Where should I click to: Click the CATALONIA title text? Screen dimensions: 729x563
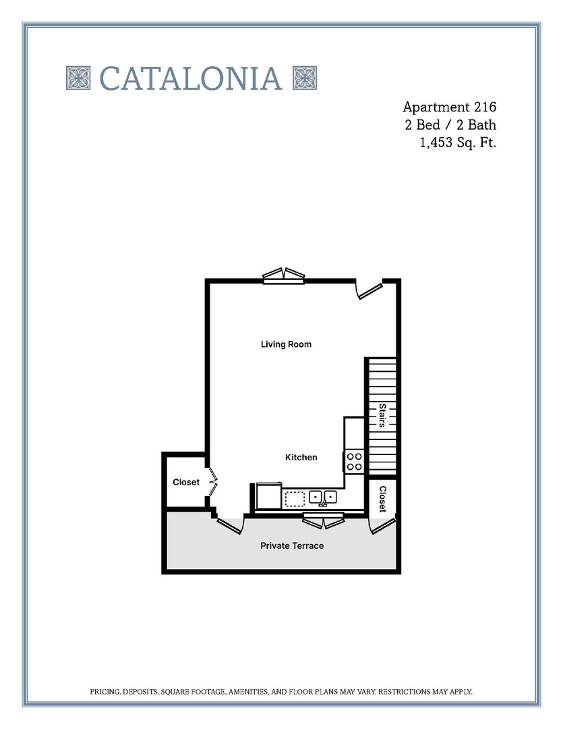(x=190, y=78)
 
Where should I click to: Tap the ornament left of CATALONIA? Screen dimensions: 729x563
(x=78, y=78)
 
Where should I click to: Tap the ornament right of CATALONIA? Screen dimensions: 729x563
(x=305, y=78)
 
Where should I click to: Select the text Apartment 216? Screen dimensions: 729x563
(x=449, y=107)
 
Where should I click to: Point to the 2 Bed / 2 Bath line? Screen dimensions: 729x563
(x=450, y=125)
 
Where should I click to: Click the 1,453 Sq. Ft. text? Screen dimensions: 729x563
(x=458, y=142)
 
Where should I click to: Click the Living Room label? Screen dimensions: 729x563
(x=286, y=344)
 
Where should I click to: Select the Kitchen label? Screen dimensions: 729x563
(x=301, y=457)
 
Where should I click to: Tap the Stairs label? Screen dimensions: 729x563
(x=382, y=415)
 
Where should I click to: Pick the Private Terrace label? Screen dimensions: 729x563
(x=292, y=545)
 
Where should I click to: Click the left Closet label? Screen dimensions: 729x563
(x=186, y=482)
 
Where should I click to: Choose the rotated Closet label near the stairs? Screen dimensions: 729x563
(x=382, y=499)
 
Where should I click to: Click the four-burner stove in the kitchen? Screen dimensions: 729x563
(x=355, y=461)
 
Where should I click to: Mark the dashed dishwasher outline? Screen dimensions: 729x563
(x=295, y=499)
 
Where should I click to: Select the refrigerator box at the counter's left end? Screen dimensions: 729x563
(x=268, y=497)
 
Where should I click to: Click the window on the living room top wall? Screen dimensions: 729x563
(x=284, y=276)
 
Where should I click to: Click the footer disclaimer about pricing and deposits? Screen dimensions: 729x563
(x=281, y=692)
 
